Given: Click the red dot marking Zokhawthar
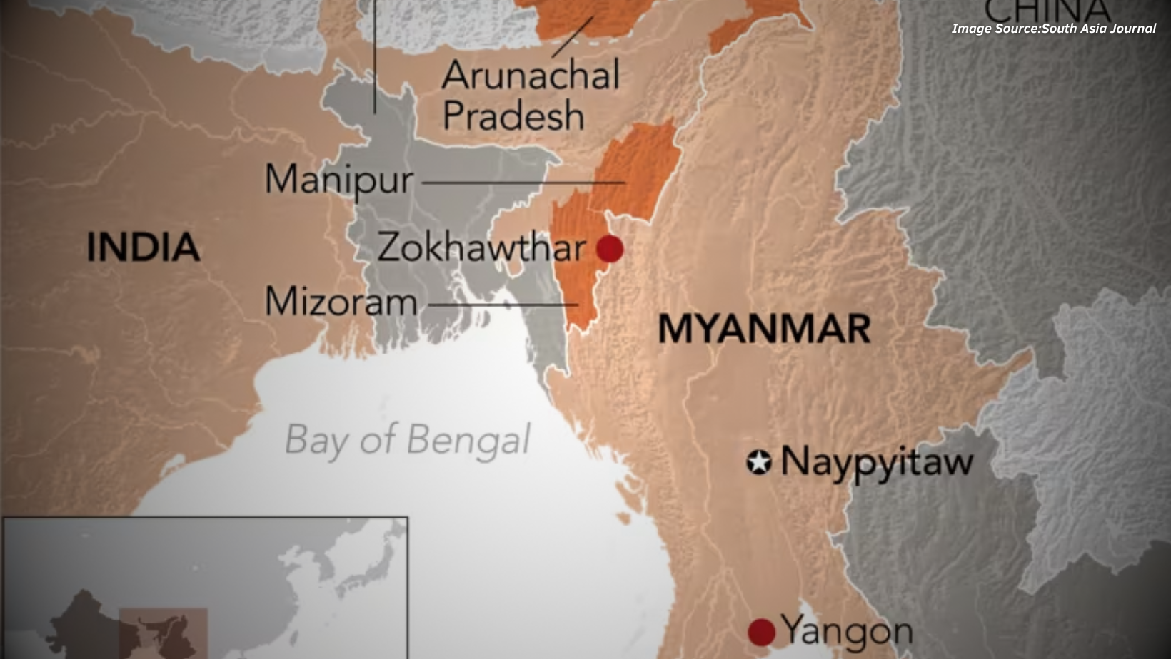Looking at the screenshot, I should [x=610, y=249].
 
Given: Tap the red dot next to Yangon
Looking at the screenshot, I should [x=761, y=632].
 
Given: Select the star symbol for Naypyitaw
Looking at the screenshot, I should [x=759, y=462].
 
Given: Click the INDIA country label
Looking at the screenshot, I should [x=143, y=247].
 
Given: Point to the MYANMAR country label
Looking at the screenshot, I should [x=763, y=329].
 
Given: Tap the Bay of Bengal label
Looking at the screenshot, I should [x=408, y=439].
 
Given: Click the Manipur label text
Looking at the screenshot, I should [x=338, y=179].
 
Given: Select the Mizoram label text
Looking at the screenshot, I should [x=341, y=302].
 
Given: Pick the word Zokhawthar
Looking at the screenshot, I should [x=481, y=247].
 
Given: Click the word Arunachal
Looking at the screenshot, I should [x=531, y=75].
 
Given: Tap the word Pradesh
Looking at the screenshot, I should [x=513, y=116].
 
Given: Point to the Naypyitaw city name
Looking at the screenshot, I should [x=877, y=461].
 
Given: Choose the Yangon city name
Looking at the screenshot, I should [x=847, y=630].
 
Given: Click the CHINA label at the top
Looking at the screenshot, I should [x=1047, y=10].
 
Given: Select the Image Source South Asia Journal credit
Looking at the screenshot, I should [x=1053, y=29].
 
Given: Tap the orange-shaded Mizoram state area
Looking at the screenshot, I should [x=577, y=264].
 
